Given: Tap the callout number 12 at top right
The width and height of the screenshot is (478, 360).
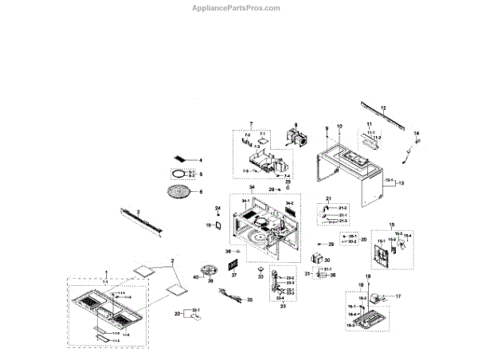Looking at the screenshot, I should pyautogui.click(x=383, y=107).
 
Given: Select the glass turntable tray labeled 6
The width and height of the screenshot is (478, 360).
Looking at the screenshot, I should pyautogui.click(x=184, y=192).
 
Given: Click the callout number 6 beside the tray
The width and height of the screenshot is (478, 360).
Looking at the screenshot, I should pyautogui.click(x=201, y=192).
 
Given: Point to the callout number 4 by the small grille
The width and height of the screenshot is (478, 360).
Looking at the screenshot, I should pyautogui.click(x=201, y=160).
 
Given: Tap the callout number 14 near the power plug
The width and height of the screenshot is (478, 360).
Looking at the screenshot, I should pyautogui.click(x=416, y=133).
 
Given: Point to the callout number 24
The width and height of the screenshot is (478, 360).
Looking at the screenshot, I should pyautogui.click(x=217, y=209).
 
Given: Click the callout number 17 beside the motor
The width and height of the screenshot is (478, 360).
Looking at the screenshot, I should pyautogui.click(x=399, y=296).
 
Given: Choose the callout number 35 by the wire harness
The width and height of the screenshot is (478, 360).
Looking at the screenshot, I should pyautogui.click(x=250, y=300).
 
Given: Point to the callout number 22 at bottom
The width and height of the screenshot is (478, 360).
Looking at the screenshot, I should pyautogui.click(x=178, y=315).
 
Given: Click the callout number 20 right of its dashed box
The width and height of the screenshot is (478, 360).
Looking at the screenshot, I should pyautogui.click(x=363, y=239).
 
